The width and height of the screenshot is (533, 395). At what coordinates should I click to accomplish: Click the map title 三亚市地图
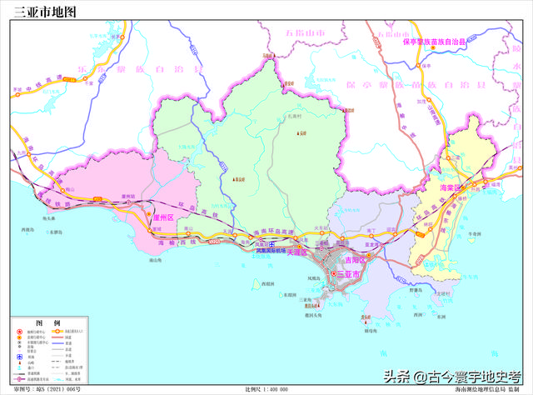tap(44, 12)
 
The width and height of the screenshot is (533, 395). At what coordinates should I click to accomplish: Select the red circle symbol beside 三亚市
tap(335, 274)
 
